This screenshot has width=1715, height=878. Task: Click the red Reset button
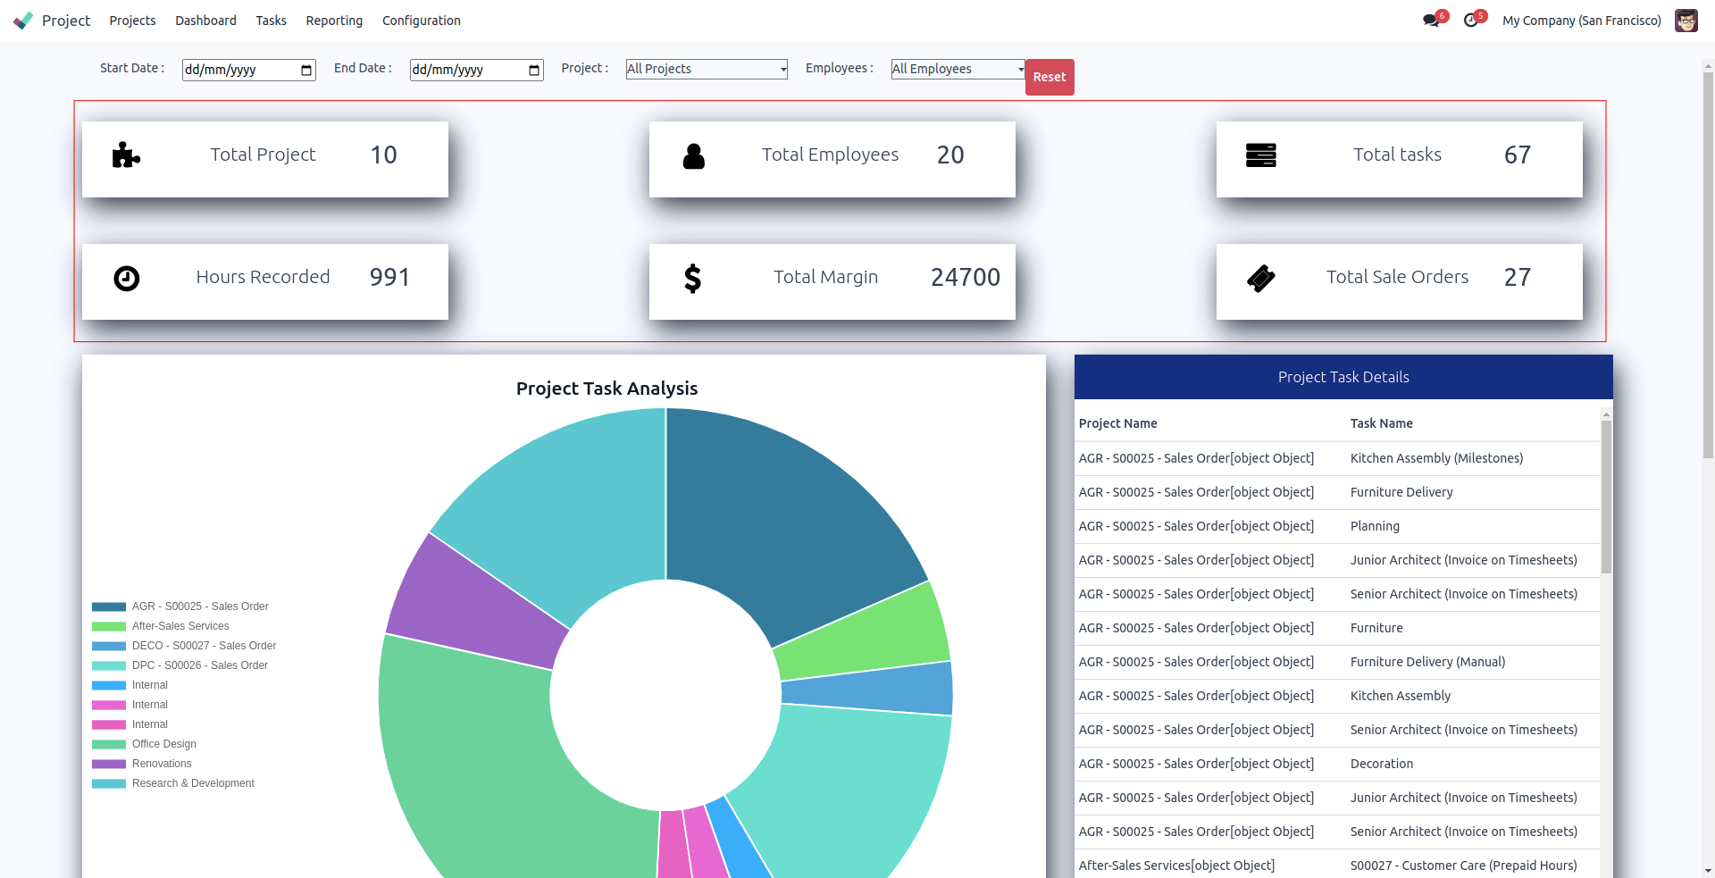(1050, 77)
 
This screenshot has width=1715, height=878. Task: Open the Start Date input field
(247, 70)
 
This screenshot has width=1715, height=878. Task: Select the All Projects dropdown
(706, 69)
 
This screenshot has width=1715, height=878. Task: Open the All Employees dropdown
(958, 69)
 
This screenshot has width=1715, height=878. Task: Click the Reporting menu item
(334, 21)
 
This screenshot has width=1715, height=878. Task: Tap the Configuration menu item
(422, 21)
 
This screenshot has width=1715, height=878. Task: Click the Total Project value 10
(383, 155)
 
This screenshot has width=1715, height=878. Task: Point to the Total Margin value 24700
(965, 278)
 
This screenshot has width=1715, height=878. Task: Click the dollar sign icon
(692, 279)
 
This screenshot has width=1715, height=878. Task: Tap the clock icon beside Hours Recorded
(127, 279)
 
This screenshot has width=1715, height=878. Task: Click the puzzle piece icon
(126, 155)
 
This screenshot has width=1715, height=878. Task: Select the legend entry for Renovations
(162, 764)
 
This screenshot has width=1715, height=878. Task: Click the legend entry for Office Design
(164, 744)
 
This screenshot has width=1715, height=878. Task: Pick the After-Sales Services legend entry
(180, 626)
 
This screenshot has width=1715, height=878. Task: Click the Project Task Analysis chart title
(607, 389)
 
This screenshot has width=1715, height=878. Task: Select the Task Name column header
(1381, 423)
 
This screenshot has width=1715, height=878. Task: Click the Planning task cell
(1375, 526)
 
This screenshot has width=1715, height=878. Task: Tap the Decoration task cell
(1381, 764)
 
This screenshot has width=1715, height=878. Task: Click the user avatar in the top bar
(1686, 21)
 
